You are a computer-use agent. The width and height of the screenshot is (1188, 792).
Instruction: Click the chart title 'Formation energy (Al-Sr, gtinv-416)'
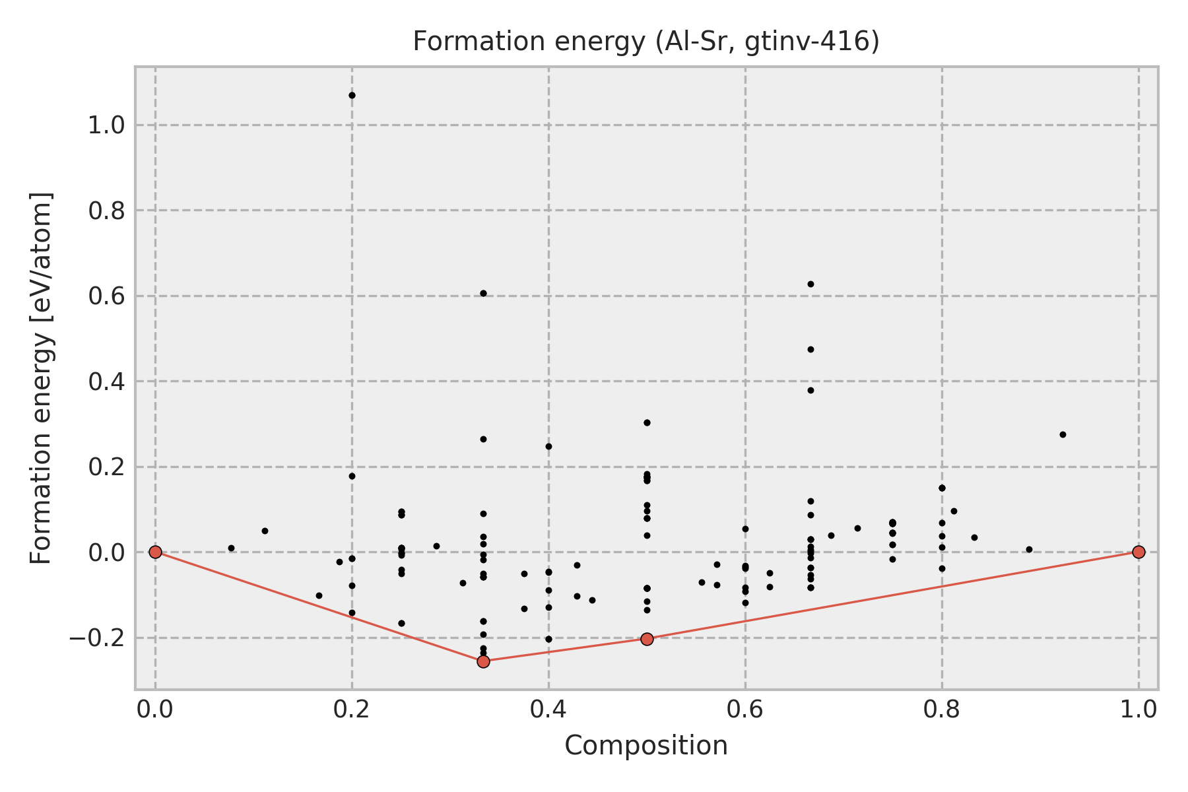[x=645, y=42]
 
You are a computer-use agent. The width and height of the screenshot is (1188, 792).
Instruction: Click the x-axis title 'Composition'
[x=645, y=746]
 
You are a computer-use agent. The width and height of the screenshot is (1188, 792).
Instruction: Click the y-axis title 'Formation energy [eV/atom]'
[x=42, y=378]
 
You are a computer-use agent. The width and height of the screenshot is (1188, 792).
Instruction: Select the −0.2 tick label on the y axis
[x=96, y=638]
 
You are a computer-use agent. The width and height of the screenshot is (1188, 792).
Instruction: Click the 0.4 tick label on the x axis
[x=548, y=709]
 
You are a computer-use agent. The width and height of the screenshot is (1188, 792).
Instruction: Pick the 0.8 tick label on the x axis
[x=942, y=709]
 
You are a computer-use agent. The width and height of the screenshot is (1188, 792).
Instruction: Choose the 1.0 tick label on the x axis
[x=1138, y=709]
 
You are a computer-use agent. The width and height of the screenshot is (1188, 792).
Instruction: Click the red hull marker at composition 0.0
[x=155, y=552]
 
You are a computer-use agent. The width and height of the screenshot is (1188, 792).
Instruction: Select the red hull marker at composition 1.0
[x=1138, y=552]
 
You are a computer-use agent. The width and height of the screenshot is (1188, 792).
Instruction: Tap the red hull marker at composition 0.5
[x=647, y=639]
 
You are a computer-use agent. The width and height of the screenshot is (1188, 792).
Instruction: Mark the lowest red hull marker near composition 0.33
[x=483, y=661]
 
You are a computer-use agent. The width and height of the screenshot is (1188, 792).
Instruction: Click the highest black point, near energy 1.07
[x=352, y=96]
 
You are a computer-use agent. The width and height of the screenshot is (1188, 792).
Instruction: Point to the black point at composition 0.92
[x=1063, y=434]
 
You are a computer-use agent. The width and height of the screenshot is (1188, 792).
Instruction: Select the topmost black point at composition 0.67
[x=810, y=284]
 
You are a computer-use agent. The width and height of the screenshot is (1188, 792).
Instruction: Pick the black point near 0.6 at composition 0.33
[x=483, y=293]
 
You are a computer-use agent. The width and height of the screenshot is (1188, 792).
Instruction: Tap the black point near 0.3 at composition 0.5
[x=647, y=422]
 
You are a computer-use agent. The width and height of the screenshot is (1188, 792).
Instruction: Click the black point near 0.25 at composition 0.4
[x=548, y=446]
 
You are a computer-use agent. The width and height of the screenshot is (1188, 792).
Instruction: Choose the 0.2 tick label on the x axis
[x=352, y=709]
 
